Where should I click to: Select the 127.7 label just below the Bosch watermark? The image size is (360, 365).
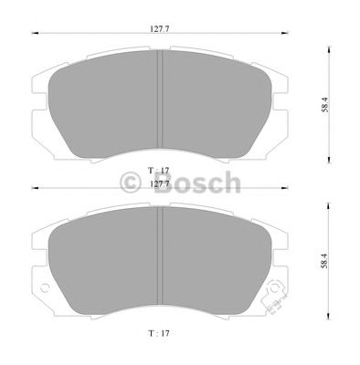click(x=162, y=182)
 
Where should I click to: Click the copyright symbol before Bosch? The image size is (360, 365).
click(x=129, y=183)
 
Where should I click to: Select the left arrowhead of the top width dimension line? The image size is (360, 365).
click(x=36, y=36)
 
